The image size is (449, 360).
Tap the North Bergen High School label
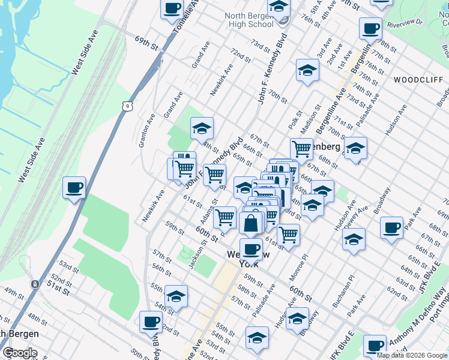(251, 20)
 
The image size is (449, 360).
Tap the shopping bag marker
(250, 223)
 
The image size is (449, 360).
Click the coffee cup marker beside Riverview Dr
(370, 28)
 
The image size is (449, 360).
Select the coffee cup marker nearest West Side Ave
(74, 188)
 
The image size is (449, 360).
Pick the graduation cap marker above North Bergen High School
(279, 6)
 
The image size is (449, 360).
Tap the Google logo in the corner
(20, 353)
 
